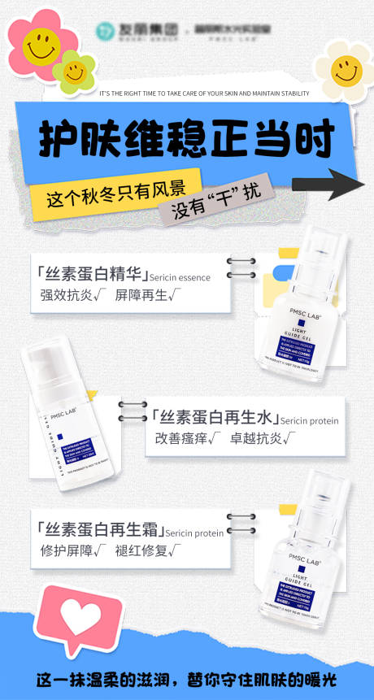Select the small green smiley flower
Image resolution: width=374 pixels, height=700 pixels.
75,72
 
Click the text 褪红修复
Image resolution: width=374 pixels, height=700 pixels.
139,552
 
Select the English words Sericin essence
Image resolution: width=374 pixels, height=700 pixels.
180,277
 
